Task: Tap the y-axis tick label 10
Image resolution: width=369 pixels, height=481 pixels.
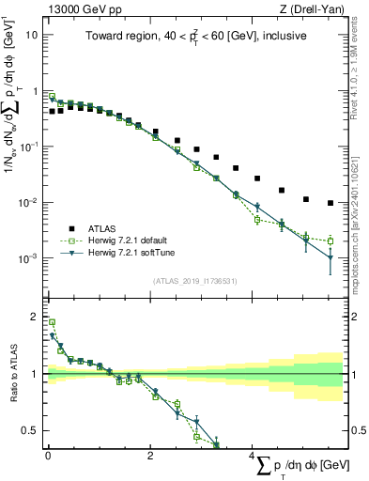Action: click(x=31, y=35)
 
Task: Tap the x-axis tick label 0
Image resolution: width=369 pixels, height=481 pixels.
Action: click(x=48, y=458)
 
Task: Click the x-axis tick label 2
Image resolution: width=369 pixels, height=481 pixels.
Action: click(x=150, y=458)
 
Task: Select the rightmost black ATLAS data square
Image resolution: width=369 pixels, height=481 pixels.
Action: click(x=331, y=203)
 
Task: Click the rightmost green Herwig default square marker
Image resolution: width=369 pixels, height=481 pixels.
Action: click(x=331, y=240)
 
